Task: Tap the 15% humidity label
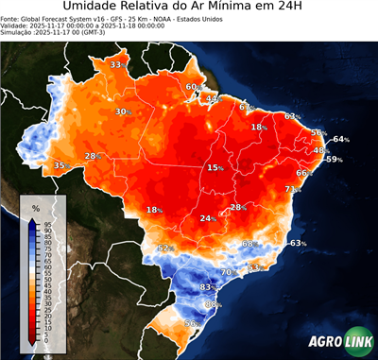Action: tap(215, 167)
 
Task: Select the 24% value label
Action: tap(208, 218)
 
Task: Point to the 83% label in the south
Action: tap(210, 286)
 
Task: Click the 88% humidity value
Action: tap(214, 304)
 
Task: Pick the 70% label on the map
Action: tap(228, 272)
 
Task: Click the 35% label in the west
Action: tap(60, 165)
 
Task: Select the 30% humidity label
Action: tap(123, 111)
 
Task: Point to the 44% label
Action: tap(214, 98)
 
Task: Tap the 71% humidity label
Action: tap(293, 189)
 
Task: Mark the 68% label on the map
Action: tap(249, 244)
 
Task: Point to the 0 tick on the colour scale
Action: tap(46, 340)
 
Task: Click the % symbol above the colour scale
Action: tap(35, 207)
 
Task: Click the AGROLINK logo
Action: tap(335, 339)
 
